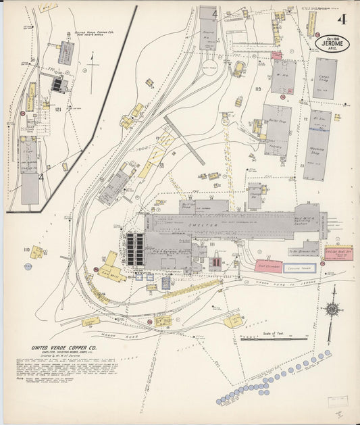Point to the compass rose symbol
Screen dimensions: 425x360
point(332,309)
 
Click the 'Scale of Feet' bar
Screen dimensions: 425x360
point(274,337)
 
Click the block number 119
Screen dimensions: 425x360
point(257,89)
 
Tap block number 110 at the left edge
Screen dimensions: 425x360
point(26,249)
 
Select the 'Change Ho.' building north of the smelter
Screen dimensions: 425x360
point(255,195)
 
